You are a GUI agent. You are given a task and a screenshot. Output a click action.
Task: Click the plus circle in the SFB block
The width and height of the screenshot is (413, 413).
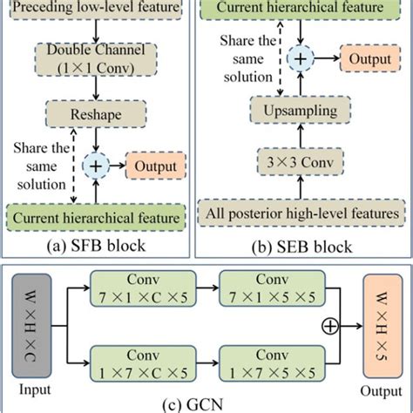click(96, 165)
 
